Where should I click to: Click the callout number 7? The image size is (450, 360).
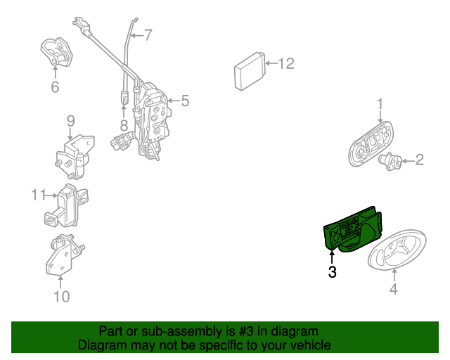click(x=148, y=35)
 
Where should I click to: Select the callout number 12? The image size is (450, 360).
click(x=286, y=63)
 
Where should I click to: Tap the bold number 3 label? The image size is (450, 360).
click(x=332, y=272)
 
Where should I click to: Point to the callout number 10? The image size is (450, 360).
click(x=62, y=296)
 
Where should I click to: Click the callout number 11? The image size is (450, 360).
click(x=39, y=195)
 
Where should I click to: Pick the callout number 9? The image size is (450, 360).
click(x=70, y=121)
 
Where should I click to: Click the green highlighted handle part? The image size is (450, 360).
click(x=353, y=230)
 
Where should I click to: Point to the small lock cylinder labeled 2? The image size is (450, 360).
click(x=391, y=161)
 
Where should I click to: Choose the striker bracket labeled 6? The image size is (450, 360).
click(x=56, y=51)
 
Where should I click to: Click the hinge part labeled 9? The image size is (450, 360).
click(x=75, y=157)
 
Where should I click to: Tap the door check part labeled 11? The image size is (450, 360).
click(x=67, y=205)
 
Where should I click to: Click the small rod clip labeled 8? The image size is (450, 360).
click(x=124, y=97)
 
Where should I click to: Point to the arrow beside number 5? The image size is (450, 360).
click(x=174, y=101)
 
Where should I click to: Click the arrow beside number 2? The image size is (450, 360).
click(x=408, y=161)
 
